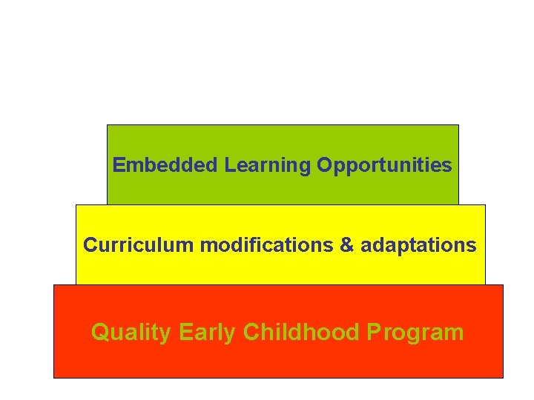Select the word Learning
[268, 165]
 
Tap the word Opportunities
[384, 166]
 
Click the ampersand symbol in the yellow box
[347, 245]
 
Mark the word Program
[415, 333]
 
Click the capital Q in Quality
[99, 332]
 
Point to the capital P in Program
[374, 332]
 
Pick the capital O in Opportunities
[324, 165]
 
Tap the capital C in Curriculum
[90, 245]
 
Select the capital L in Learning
[229, 165]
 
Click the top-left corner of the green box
[108, 125]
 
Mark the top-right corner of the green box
[458, 125]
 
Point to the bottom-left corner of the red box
[54, 378]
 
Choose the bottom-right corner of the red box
[503, 378]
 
